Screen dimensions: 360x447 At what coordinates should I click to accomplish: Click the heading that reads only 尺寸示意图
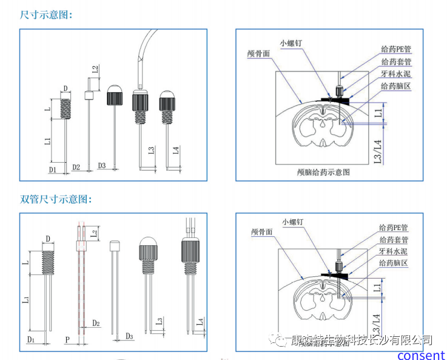[46, 15]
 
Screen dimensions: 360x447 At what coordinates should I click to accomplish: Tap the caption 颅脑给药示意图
[325, 172]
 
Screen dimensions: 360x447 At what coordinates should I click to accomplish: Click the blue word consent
[421, 355]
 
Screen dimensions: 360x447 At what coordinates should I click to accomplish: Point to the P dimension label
[67, 338]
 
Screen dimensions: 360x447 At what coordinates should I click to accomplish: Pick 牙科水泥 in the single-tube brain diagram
[396, 74]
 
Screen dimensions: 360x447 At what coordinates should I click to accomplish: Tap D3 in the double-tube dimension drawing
[129, 336]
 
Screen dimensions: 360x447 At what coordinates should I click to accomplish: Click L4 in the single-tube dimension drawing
[175, 150]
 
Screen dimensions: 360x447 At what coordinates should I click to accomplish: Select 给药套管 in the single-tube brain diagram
[396, 63]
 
